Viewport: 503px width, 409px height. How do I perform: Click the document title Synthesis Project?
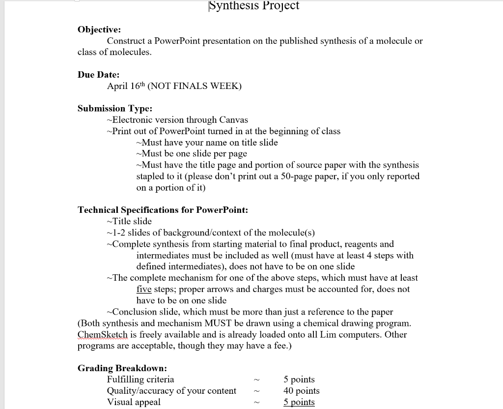coord(253,5)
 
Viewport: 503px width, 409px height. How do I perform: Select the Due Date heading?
coord(98,75)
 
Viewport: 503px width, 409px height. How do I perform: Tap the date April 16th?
coord(125,86)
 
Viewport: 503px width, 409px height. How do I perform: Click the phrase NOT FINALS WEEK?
coord(195,86)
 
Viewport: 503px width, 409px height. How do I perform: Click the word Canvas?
coord(233,120)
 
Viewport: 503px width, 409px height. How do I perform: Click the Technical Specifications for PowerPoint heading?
coord(163,210)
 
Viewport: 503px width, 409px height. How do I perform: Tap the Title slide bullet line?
coord(129,221)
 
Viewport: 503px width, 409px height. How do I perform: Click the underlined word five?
coord(144,290)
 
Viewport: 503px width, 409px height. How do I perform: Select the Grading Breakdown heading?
coord(122,368)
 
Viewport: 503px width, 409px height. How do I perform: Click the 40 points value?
coord(301,391)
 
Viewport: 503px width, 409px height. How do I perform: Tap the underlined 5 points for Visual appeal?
coord(299,402)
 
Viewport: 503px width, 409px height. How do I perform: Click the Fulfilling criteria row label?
coord(140,380)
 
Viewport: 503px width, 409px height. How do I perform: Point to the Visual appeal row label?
coord(134,402)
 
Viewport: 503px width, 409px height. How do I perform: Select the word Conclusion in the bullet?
coord(133,312)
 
